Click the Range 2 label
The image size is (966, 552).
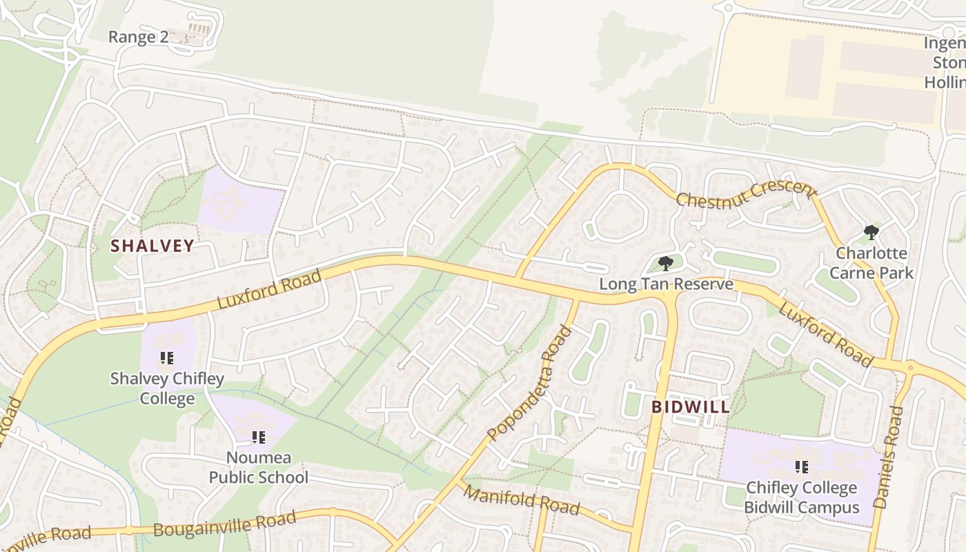tap(138, 37)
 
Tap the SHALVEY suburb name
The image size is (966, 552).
tap(152, 246)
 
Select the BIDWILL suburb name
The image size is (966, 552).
tap(691, 406)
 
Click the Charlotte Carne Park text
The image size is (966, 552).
tap(871, 263)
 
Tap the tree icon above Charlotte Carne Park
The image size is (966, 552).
tap(871, 232)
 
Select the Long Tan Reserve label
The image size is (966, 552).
tap(666, 284)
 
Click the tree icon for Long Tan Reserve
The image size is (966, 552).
tap(666, 263)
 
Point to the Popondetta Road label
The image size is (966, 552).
tap(530, 383)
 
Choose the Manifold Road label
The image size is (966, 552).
tap(521, 500)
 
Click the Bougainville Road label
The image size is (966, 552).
tap(225, 523)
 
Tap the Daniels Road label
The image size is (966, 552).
tap(889, 457)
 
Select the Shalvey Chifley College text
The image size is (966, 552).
tap(167, 388)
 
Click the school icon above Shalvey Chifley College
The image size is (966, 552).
tap(167, 358)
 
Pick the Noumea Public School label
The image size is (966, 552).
tap(259, 467)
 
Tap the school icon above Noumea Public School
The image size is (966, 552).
tap(259, 437)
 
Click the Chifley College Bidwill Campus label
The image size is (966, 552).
tap(802, 497)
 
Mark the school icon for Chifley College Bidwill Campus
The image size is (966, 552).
tap(802, 467)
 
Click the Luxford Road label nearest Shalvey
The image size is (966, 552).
tap(269, 290)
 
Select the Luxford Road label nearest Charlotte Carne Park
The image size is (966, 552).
tap(825, 334)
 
